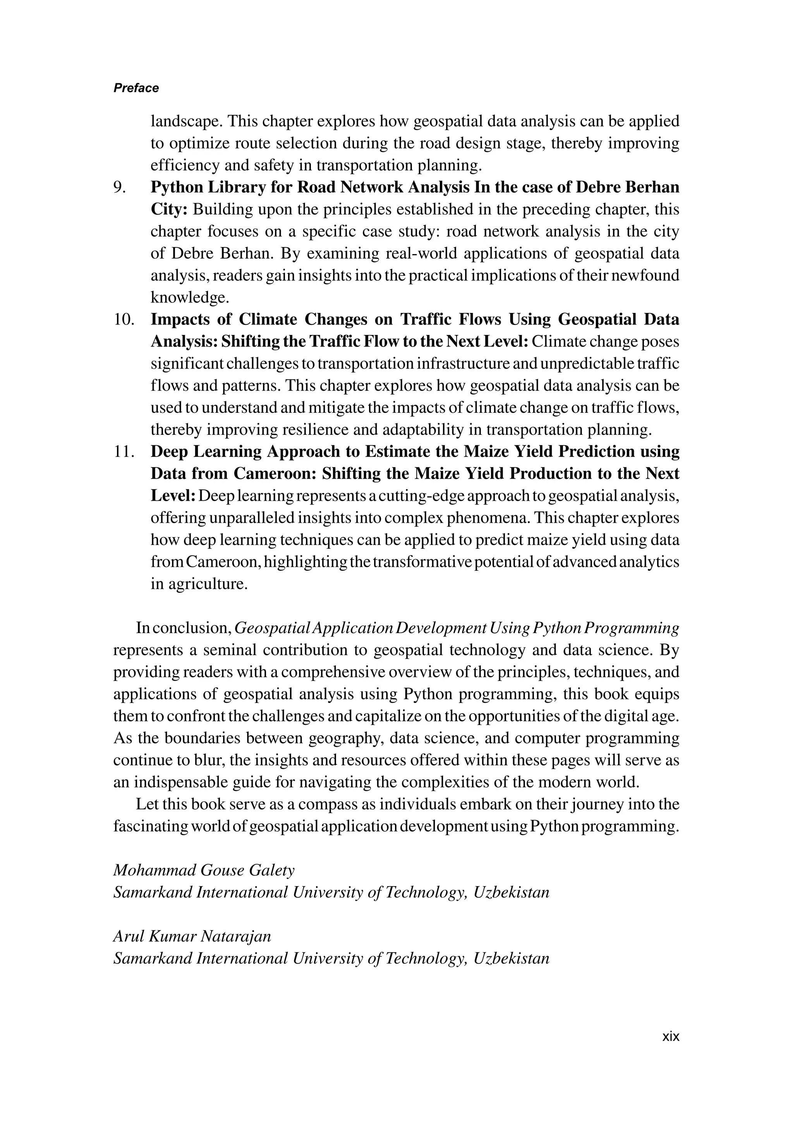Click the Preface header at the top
point(136,88)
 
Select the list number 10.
point(124,320)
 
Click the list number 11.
point(124,451)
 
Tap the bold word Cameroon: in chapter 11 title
point(275,474)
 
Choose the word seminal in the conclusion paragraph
point(230,651)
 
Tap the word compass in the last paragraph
point(328,804)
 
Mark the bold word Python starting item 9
point(176,187)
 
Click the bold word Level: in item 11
point(173,496)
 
